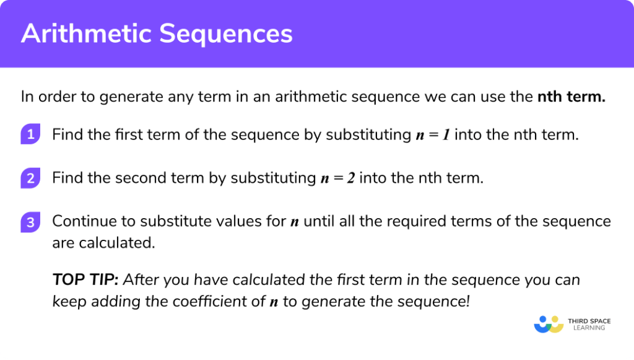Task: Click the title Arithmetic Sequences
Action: point(157,35)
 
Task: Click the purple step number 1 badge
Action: point(30,134)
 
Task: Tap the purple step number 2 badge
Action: point(30,178)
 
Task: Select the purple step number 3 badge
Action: point(30,222)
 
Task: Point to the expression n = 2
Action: point(337,178)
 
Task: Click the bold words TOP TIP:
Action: point(85,279)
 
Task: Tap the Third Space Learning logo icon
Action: point(547,323)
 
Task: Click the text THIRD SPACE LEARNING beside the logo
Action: point(589,325)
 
